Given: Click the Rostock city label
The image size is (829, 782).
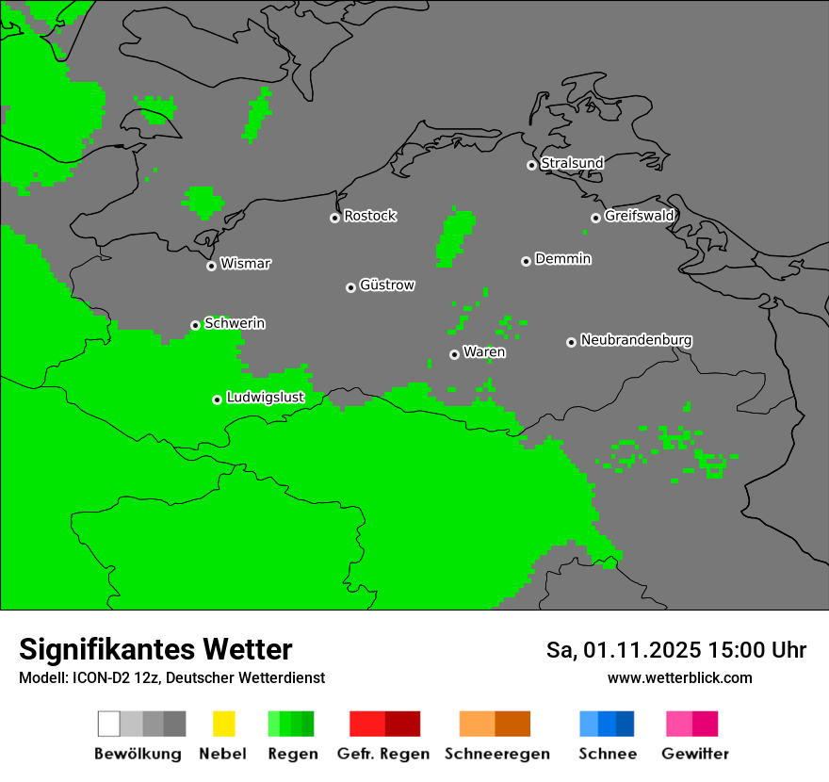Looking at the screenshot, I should [x=370, y=216].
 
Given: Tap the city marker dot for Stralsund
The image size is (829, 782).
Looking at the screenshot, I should [x=531, y=165].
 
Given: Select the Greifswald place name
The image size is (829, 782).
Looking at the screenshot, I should [x=639, y=216].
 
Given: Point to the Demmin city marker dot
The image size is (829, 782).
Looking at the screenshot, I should [x=526, y=261].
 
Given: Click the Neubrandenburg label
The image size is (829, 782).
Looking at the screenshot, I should [x=636, y=340].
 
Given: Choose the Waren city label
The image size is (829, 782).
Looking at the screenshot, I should [x=484, y=352].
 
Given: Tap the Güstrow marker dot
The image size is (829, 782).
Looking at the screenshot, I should [x=350, y=287].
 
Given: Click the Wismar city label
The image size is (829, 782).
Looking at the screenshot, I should [x=245, y=264].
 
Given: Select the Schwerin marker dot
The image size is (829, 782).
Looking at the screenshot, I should [x=195, y=325].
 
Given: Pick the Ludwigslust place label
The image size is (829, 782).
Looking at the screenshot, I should [x=265, y=398].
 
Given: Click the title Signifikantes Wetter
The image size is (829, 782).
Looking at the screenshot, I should [x=155, y=649].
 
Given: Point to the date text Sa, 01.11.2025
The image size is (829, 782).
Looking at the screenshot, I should [x=624, y=650].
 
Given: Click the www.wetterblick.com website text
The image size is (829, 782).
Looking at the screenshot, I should [x=679, y=677].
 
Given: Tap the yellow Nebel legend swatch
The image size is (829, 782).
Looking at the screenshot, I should [x=223, y=724].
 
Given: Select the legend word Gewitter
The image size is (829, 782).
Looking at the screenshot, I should [x=694, y=754].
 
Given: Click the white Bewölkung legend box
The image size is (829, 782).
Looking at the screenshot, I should [x=108, y=724].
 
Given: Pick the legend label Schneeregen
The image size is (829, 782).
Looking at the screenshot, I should [x=496, y=754].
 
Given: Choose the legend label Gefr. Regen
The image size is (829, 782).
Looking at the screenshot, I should [x=383, y=754].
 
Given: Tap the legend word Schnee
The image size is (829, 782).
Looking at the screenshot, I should [x=607, y=754].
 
